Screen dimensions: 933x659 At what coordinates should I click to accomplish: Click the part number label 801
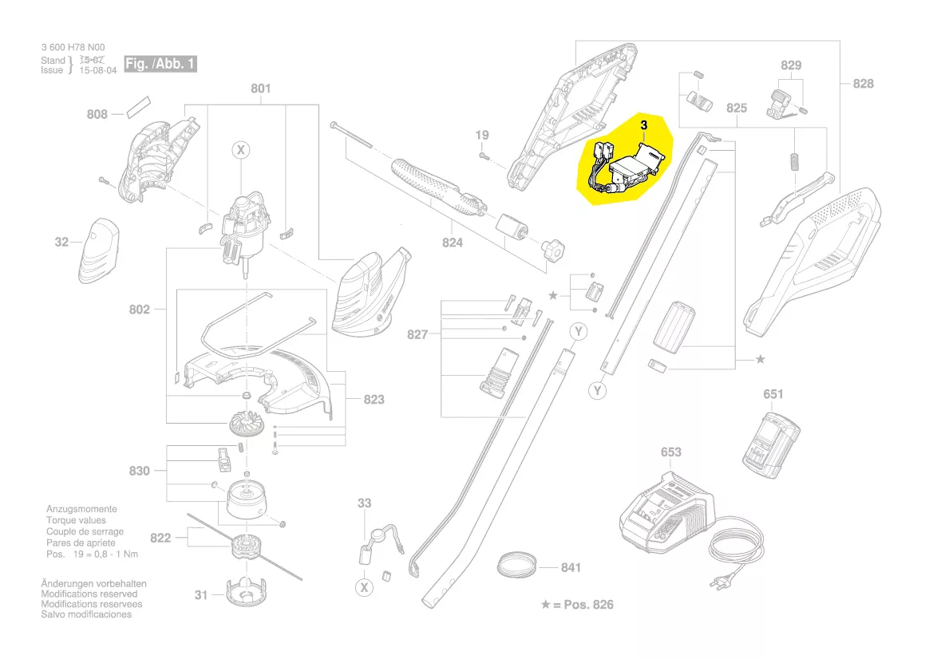pyautogui.click(x=261, y=89)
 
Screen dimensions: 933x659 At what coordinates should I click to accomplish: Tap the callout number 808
pyautogui.click(x=97, y=114)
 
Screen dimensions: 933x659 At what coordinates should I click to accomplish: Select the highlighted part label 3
pyautogui.click(x=643, y=125)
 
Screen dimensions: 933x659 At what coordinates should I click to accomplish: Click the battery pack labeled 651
pyautogui.click(x=770, y=445)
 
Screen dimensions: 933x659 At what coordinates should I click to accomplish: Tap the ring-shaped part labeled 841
pyautogui.click(x=517, y=564)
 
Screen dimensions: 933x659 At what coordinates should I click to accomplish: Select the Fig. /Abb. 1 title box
pyautogui.click(x=160, y=64)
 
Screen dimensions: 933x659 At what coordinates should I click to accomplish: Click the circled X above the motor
pyautogui.click(x=241, y=150)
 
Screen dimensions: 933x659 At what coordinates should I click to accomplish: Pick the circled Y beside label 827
pyautogui.click(x=579, y=331)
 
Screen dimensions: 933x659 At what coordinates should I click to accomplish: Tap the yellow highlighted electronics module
pyautogui.click(x=625, y=160)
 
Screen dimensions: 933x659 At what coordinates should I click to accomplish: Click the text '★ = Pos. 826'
pyautogui.click(x=576, y=604)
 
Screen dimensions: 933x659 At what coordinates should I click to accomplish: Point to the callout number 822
pyautogui.click(x=160, y=539)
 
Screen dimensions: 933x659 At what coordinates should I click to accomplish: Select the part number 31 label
pyautogui.click(x=201, y=594)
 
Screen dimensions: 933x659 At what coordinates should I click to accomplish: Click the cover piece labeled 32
pyautogui.click(x=98, y=251)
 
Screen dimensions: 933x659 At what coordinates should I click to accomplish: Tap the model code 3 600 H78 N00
pyautogui.click(x=73, y=47)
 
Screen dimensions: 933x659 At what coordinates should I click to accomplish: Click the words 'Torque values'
pyautogui.click(x=76, y=520)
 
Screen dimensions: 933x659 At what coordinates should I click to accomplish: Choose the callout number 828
pyautogui.click(x=863, y=84)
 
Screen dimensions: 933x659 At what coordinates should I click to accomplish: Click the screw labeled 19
pyautogui.click(x=483, y=156)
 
